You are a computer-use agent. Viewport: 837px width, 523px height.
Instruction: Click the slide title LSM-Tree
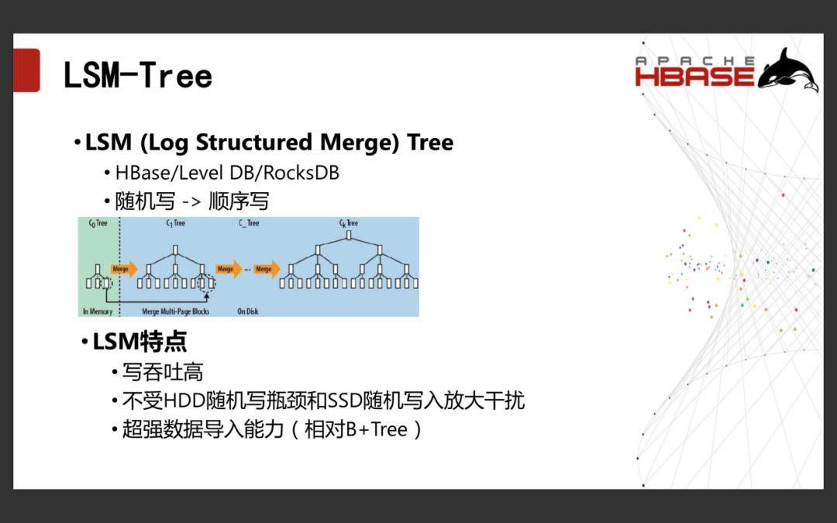click(137, 76)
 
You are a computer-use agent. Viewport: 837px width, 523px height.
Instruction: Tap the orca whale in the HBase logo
click(788, 70)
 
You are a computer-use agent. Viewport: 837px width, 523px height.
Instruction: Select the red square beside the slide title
click(26, 71)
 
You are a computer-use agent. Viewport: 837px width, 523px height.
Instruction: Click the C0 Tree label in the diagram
click(98, 223)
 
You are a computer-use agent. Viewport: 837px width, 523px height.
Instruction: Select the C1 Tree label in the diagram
click(175, 223)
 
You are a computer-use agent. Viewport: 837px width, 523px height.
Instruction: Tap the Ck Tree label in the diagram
click(348, 223)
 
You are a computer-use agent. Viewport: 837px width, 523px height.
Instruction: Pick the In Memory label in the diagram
click(98, 311)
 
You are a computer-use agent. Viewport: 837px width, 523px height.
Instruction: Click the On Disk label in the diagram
click(247, 311)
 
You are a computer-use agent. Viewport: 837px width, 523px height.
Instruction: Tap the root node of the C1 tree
click(176, 249)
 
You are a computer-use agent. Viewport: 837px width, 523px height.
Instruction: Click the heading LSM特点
click(139, 342)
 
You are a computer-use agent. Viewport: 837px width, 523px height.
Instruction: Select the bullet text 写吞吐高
click(162, 372)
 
